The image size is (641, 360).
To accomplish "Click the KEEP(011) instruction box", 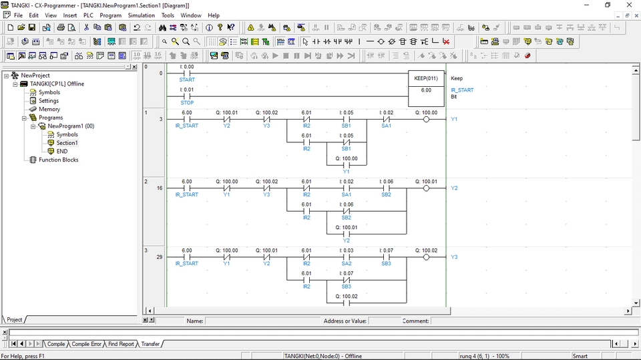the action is pyautogui.click(x=426, y=89).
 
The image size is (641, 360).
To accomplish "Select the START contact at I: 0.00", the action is pyautogui.click(x=187, y=73).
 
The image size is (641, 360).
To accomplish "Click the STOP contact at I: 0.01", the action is pyautogui.click(x=187, y=96).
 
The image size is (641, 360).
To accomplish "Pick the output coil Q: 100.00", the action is pyautogui.click(x=426, y=120).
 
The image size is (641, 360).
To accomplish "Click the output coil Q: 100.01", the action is pyautogui.click(x=426, y=188).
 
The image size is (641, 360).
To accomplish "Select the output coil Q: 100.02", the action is pyautogui.click(x=426, y=257).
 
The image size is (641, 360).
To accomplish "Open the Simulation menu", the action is pyautogui.click(x=141, y=15).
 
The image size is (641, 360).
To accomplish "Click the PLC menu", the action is pyautogui.click(x=88, y=15).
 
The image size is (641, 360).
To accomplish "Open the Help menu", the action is pyautogui.click(x=214, y=15).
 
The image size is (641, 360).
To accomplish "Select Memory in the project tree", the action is pyautogui.click(x=49, y=110).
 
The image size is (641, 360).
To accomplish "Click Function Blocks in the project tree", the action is pyautogui.click(x=59, y=160).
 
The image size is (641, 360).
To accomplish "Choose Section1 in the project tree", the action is pyautogui.click(x=67, y=143).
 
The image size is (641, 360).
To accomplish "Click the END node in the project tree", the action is pyautogui.click(x=62, y=152).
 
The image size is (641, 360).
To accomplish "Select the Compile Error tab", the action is pyautogui.click(x=86, y=344).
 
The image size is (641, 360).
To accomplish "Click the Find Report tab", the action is pyautogui.click(x=121, y=344).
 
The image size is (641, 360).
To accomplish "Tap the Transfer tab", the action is pyautogui.click(x=150, y=344).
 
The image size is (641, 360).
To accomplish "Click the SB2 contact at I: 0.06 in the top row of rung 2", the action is pyautogui.click(x=387, y=188).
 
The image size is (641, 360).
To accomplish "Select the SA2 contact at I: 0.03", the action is pyautogui.click(x=347, y=257).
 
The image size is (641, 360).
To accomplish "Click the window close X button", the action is pyautogui.click(x=629, y=5).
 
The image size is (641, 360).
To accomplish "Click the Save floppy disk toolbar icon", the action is pyautogui.click(x=32, y=27).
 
